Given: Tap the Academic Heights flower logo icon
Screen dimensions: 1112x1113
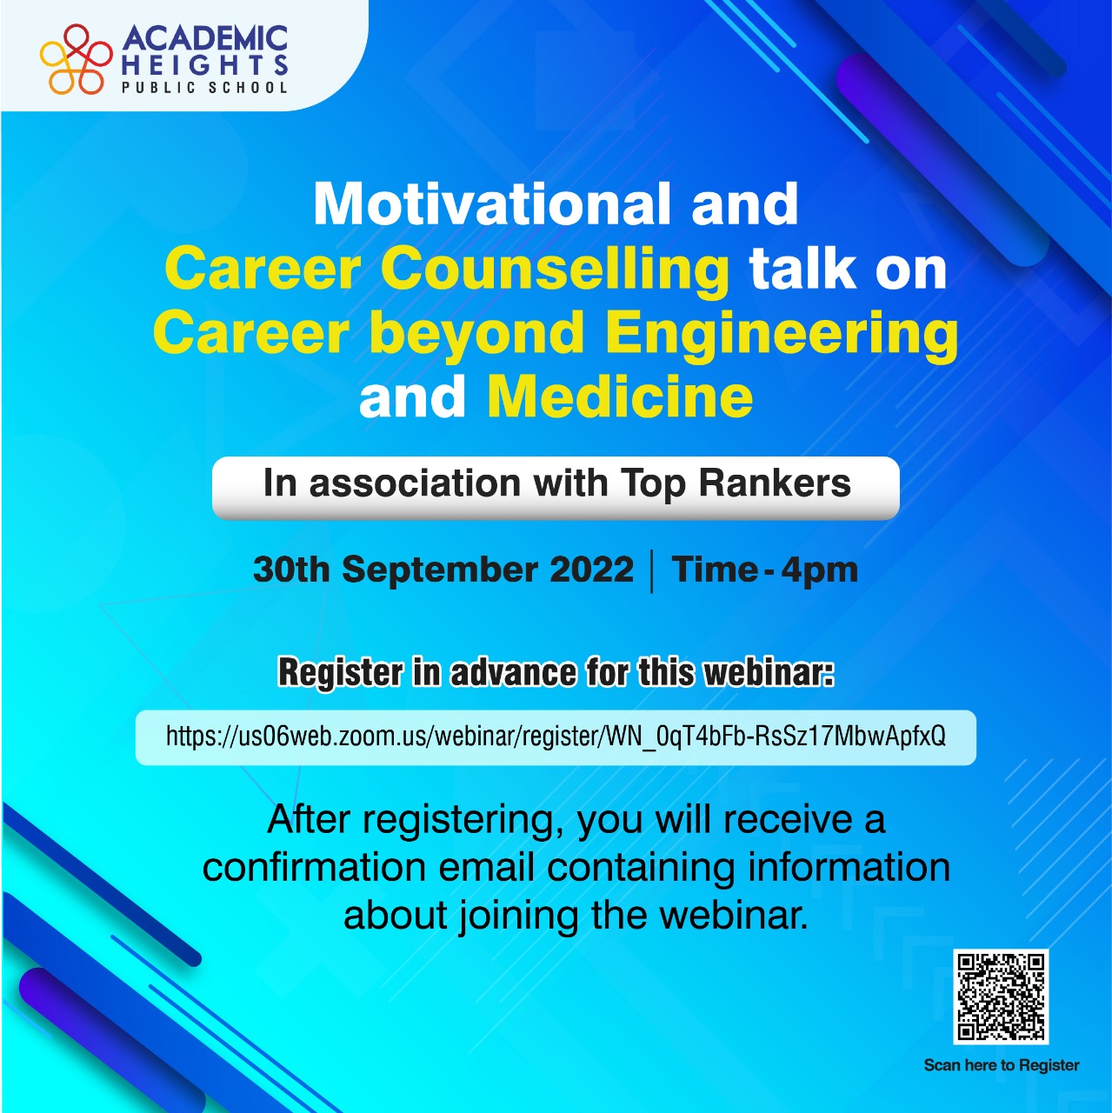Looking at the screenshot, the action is [x=76, y=58].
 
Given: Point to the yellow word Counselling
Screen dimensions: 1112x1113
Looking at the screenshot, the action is [x=556, y=270].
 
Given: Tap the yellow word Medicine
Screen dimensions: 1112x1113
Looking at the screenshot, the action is [x=620, y=397].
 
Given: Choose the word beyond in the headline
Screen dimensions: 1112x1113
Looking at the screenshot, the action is [x=477, y=336].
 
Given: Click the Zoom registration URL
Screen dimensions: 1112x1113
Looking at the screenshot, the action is [x=556, y=736].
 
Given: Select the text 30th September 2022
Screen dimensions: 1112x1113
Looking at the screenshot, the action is [x=443, y=570].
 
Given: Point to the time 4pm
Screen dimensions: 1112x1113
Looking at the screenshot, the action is [x=819, y=571].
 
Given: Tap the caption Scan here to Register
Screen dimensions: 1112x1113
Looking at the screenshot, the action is [x=1001, y=1065].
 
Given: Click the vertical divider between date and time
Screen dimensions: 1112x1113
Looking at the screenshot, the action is [x=651, y=572].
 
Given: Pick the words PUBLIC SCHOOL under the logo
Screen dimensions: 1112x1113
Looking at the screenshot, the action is [x=204, y=87].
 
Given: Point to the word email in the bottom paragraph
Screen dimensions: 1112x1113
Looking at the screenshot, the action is [x=486, y=868].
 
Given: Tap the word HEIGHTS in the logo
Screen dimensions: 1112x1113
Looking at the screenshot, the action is [x=205, y=64].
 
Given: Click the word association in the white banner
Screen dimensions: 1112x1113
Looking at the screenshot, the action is [x=416, y=483].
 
